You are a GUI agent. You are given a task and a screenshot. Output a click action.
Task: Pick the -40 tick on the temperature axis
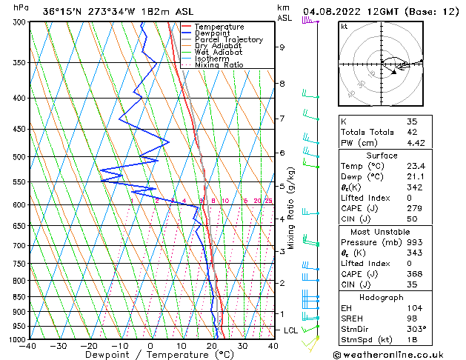tap(29, 346)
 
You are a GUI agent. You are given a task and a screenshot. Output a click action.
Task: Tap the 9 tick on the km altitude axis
tap(282, 47)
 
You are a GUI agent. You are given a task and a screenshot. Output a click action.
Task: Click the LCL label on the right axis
tap(290, 330)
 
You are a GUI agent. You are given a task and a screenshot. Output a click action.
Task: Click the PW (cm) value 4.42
tap(417, 144)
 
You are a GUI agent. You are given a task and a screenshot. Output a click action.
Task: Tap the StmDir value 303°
tap(416, 329)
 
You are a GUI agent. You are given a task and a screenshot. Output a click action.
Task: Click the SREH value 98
tap(412, 318)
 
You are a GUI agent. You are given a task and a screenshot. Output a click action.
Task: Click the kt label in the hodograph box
tap(344, 27)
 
